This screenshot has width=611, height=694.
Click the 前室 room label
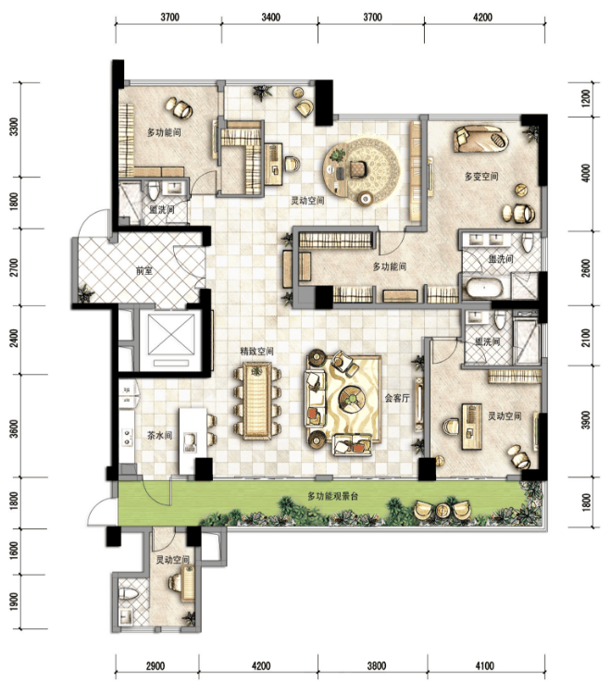click(144, 270)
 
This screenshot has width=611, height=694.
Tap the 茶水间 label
click(159, 435)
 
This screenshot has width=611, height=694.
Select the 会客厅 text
click(397, 398)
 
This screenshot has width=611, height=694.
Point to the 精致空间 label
click(256, 351)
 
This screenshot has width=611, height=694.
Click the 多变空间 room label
click(481, 176)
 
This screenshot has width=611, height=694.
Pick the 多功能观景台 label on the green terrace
click(332, 496)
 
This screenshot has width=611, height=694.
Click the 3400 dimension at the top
click(270, 18)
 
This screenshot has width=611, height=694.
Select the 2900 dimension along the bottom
click(156, 665)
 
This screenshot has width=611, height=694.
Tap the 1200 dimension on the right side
click(585, 99)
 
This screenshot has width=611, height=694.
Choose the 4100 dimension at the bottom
click(484, 665)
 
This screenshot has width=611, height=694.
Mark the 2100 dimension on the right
click(585, 337)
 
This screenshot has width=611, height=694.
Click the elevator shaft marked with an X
click(171, 335)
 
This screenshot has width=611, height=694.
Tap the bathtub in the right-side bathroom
click(483, 288)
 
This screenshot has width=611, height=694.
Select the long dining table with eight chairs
click(257, 401)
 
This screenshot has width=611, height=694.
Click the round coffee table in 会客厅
click(352, 398)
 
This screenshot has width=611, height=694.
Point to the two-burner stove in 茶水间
click(128, 436)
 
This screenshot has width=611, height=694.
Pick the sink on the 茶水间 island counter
click(190, 442)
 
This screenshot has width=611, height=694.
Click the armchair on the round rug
click(356, 168)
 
